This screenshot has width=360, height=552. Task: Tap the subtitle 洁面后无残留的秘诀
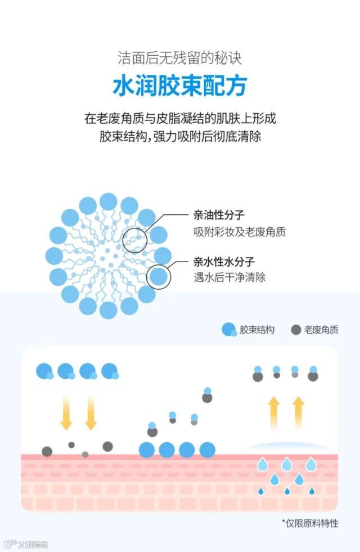(180, 58)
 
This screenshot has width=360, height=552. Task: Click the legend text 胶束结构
(257, 330)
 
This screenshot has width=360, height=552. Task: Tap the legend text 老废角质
(322, 330)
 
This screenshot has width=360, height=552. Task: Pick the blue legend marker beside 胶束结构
(229, 330)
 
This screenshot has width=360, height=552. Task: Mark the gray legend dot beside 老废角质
(296, 330)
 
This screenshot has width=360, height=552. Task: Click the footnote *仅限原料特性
(310, 523)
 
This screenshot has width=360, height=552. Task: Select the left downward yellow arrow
(66, 413)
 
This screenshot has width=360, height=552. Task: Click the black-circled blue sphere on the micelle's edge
(159, 277)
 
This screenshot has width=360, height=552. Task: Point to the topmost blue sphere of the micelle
(109, 202)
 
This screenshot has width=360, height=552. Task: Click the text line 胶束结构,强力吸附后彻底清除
(180, 137)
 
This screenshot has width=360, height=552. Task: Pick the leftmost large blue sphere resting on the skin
(147, 450)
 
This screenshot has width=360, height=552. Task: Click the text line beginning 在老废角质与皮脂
(180, 119)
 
